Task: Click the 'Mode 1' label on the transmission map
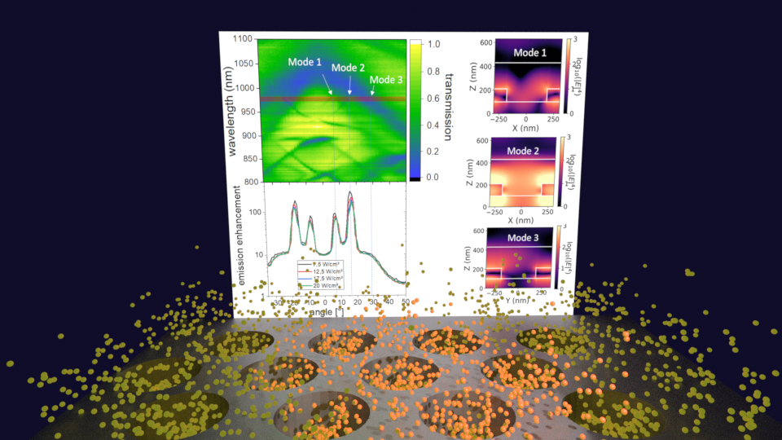click(305, 62)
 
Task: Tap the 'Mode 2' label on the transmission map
click(348, 68)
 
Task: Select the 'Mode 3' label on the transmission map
click(385, 80)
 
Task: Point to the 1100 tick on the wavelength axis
click(242, 39)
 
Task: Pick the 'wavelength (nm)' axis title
click(231, 111)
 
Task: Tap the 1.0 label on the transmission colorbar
click(435, 44)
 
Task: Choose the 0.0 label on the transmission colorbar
click(434, 176)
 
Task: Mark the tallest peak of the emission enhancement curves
click(350, 193)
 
